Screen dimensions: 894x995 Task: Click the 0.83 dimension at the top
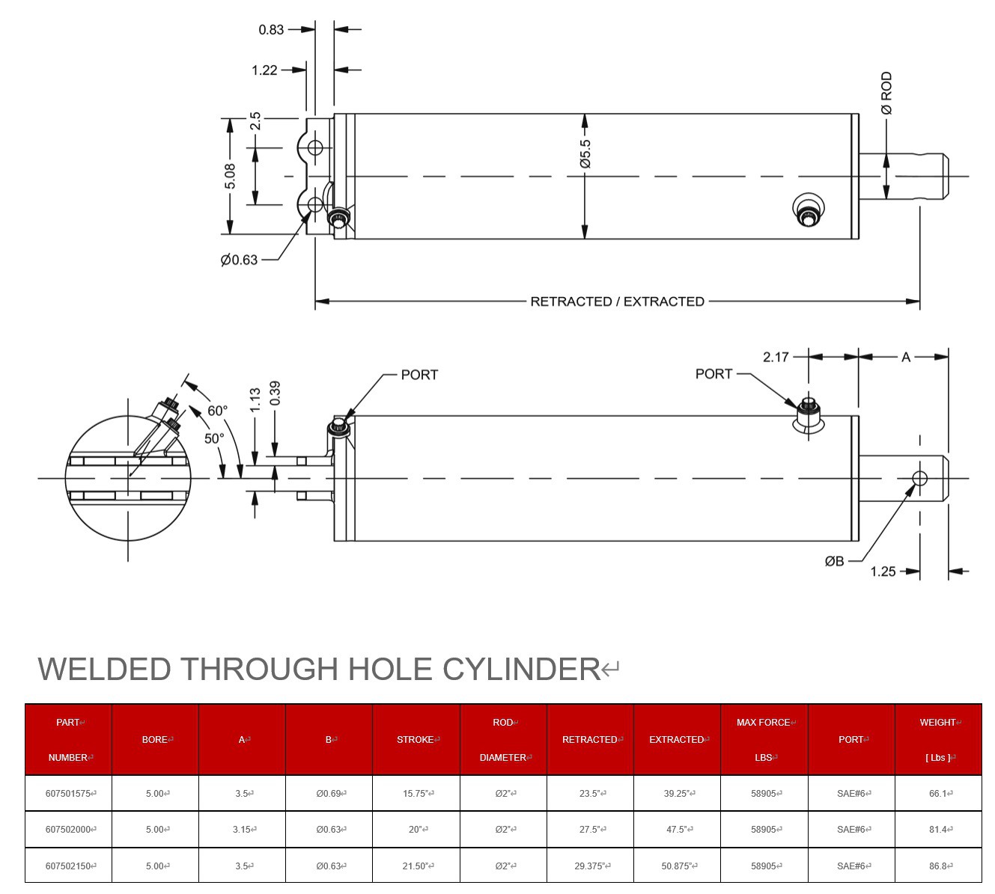point(271,30)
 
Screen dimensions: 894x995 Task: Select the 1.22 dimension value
point(264,70)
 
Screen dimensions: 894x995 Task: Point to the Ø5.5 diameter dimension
point(585,153)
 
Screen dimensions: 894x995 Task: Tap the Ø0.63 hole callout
point(239,260)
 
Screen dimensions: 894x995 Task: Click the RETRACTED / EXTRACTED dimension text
point(617,301)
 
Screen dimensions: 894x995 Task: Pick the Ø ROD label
point(886,93)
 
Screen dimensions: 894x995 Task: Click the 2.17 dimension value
point(776,357)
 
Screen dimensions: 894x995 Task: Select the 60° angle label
point(217,411)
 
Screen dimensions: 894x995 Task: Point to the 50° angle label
point(214,438)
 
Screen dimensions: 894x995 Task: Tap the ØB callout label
point(834,561)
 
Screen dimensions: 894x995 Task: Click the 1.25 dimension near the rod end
point(883,572)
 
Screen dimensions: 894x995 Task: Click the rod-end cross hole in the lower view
point(920,478)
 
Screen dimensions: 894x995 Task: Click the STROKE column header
point(416,740)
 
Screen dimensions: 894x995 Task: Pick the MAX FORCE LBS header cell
point(764,740)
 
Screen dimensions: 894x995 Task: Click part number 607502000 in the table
point(68,830)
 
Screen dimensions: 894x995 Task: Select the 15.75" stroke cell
point(416,794)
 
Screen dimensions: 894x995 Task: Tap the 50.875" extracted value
point(676,866)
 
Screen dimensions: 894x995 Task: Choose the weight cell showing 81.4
point(937,830)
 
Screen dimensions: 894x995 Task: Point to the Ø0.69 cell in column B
point(329,794)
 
